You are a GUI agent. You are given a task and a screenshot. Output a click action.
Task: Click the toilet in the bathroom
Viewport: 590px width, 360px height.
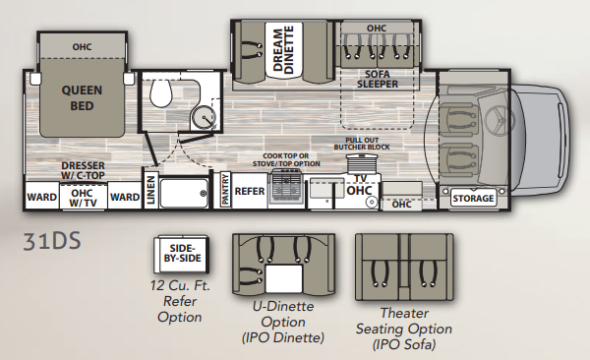(160, 93)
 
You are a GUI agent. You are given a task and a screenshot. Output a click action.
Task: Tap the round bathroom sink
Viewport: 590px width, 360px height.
(204, 117)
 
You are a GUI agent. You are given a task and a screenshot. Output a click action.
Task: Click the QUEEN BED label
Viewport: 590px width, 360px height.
(82, 98)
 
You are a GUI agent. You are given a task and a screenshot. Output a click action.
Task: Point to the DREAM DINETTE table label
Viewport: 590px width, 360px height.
(283, 49)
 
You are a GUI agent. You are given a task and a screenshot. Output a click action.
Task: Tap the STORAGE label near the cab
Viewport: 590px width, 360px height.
(473, 198)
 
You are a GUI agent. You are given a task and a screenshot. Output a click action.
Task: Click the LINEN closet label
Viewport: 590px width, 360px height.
(150, 190)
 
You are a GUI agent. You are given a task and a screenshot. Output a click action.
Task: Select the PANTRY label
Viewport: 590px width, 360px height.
(225, 190)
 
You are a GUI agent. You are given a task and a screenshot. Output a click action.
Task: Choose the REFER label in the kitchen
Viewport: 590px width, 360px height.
(250, 191)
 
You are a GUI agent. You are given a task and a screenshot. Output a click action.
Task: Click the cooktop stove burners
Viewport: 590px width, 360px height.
(286, 185)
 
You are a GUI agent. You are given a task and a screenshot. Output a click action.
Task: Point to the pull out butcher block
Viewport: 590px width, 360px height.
(362, 162)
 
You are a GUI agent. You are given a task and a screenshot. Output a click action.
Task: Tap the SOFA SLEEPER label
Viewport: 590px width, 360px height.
(378, 79)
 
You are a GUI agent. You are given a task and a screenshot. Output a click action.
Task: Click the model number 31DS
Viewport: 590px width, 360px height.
(52, 241)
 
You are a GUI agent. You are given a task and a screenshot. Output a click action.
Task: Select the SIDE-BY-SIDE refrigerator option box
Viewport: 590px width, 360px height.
(181, 254)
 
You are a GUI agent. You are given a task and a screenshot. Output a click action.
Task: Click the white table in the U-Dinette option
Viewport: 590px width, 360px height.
(284, 278)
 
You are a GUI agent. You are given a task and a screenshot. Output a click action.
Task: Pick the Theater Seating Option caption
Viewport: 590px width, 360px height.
(404, 329)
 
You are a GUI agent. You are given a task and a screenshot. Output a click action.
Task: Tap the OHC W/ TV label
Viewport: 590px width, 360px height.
(83, 198)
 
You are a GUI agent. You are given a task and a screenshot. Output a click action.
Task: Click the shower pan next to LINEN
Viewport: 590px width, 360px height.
(184, 194)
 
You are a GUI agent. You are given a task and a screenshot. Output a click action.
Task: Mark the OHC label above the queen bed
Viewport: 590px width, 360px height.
(82, 46)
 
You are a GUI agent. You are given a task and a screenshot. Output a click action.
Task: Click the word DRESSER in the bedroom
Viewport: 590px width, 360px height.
(84, 165)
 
